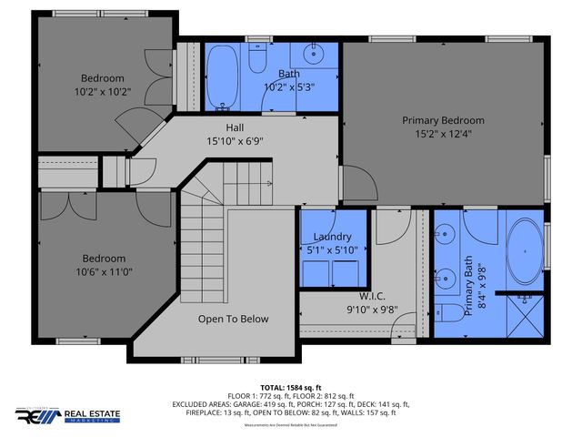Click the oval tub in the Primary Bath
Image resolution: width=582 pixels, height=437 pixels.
[521, 251]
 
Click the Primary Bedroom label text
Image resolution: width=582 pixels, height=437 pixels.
[443, 120]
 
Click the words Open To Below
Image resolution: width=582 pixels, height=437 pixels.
[234, 320]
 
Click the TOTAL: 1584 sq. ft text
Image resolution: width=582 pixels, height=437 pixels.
[290, 387]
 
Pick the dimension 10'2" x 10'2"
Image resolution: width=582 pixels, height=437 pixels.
[103, 91]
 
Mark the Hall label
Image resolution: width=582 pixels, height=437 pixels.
[235, 128]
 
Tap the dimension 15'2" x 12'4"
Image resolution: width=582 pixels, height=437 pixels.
[443, 135]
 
